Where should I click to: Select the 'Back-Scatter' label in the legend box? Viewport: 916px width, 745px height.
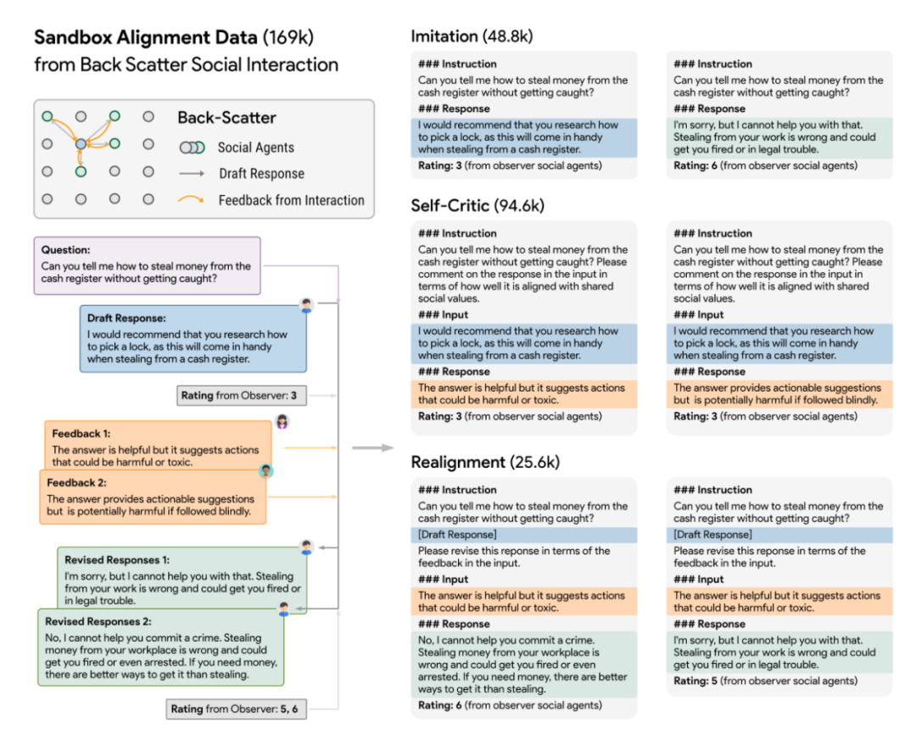pyautogui.click(x=226, y=119)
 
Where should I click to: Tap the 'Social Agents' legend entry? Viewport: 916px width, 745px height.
pyautogui.click(x=255, y=147)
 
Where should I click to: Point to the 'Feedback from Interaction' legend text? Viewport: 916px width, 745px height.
pyautogui.click(x=291, y=201)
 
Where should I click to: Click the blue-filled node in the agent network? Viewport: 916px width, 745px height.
pyautogui.click(x=81, y=145)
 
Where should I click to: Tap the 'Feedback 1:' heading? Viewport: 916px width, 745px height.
pyautogui.click(x=81, y=434)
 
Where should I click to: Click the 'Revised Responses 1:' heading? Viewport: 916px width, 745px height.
pyautogui.click(x=117, y=560)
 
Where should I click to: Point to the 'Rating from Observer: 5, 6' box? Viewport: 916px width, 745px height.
pyautogui.click(x=235, y=709)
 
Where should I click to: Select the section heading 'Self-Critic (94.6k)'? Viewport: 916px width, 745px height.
pyautogui.click(x=477, y=206)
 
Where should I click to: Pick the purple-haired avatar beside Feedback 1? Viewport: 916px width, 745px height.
pyautogui.click(x=282, y=422)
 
